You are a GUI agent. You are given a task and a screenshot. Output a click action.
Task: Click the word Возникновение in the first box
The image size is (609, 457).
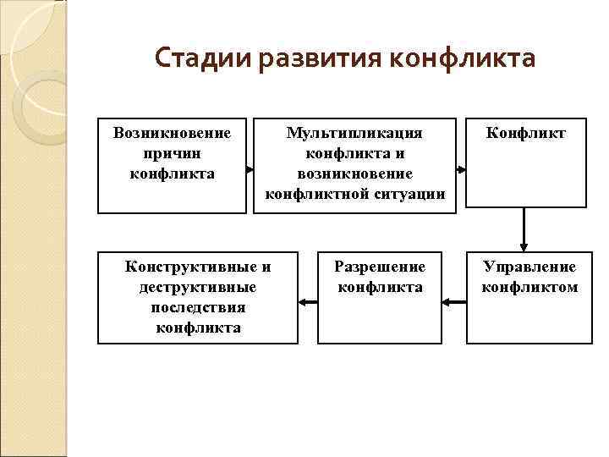(172, 133)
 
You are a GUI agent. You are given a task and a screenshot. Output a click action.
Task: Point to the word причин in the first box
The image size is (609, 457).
(172, 153)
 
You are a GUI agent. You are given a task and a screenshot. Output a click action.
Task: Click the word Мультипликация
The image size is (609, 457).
(354, 133)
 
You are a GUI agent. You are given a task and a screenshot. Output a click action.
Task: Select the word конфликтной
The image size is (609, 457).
(319, 194)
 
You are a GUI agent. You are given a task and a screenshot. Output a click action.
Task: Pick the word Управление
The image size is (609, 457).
(529, 267)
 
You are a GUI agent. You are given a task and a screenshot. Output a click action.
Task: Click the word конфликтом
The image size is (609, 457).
(529, 287)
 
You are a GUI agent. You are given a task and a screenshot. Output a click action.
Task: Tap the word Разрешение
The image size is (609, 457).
(380, 267)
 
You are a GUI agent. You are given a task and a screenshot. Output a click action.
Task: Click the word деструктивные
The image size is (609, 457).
(198, 287)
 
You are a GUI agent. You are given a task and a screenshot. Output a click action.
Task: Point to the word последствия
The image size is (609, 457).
(198, 307)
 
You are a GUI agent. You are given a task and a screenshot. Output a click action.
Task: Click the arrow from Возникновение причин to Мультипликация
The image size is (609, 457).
(250, 170)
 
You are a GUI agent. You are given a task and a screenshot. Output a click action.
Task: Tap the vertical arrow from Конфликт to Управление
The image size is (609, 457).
(524, 229)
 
